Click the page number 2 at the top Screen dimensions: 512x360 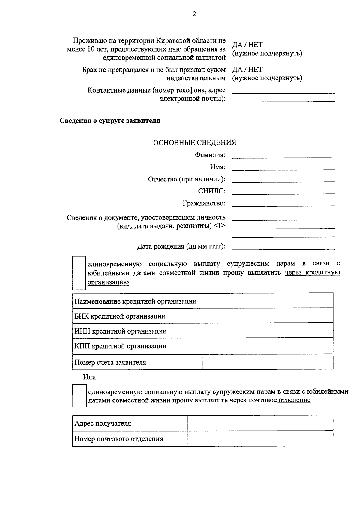click(x=194, y=14)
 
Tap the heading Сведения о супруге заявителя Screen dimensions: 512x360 click(x=110, y=121)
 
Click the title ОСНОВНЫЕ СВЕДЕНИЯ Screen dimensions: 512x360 click(x=195, y=143)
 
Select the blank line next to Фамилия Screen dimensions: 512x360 click(x=282, y=155)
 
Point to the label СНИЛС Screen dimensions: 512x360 click(x=212, y=191)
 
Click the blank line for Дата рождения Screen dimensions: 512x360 click(x=283, y=247)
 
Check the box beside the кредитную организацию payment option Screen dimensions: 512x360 click(x=79, y=273)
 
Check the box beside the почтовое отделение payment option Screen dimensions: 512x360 click(x=79, y=396)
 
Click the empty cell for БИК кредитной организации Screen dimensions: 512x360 click(x=268, y=316)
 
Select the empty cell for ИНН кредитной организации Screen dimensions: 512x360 click(x=268, y=331)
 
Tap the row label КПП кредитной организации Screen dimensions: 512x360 click(x=120, y=346)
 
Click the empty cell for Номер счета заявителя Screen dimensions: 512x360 click(x=268, y=362)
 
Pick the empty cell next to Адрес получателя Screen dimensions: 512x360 click(x=260, y=423)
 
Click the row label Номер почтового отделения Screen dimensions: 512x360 click(x=119, y=439)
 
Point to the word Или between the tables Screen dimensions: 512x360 click(x=89, y=377)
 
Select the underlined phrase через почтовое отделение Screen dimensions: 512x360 click(x=270, y=400)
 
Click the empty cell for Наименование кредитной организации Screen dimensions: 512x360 click(x=268, y=301)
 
